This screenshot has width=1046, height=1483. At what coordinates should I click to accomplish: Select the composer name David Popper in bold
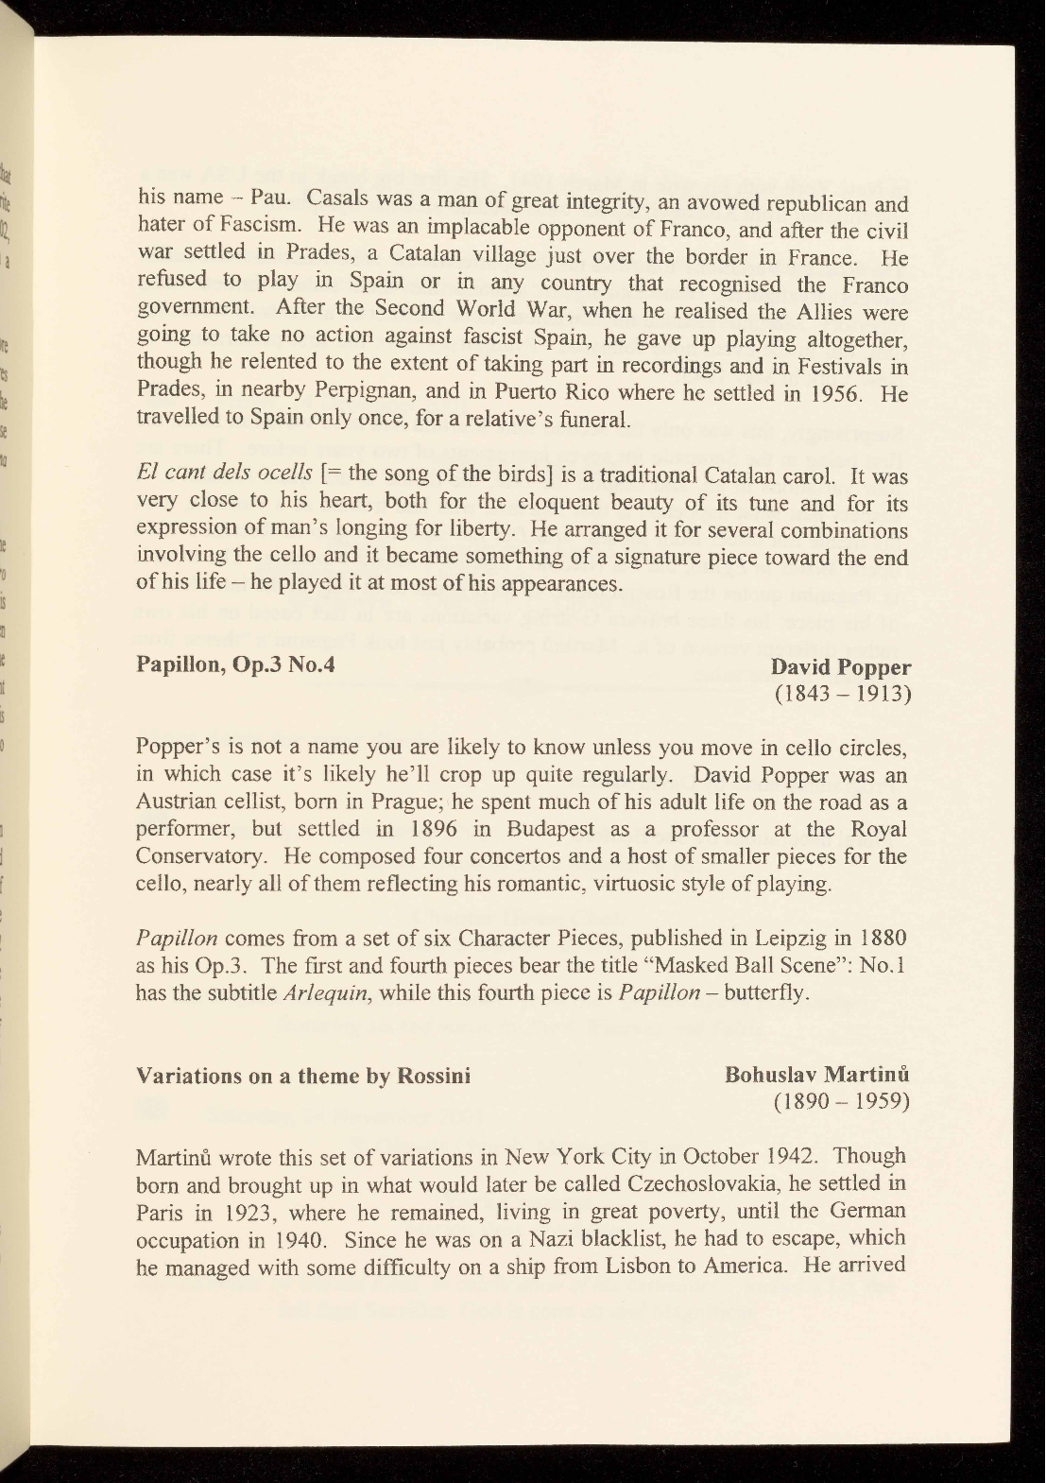(x=841, y=668)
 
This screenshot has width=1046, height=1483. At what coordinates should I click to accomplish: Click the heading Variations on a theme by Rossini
(x=303, y=1076)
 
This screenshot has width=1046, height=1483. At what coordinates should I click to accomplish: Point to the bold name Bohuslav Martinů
(x=817, y=1076)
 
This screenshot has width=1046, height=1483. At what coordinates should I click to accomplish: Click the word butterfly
(x=767, y=993)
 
